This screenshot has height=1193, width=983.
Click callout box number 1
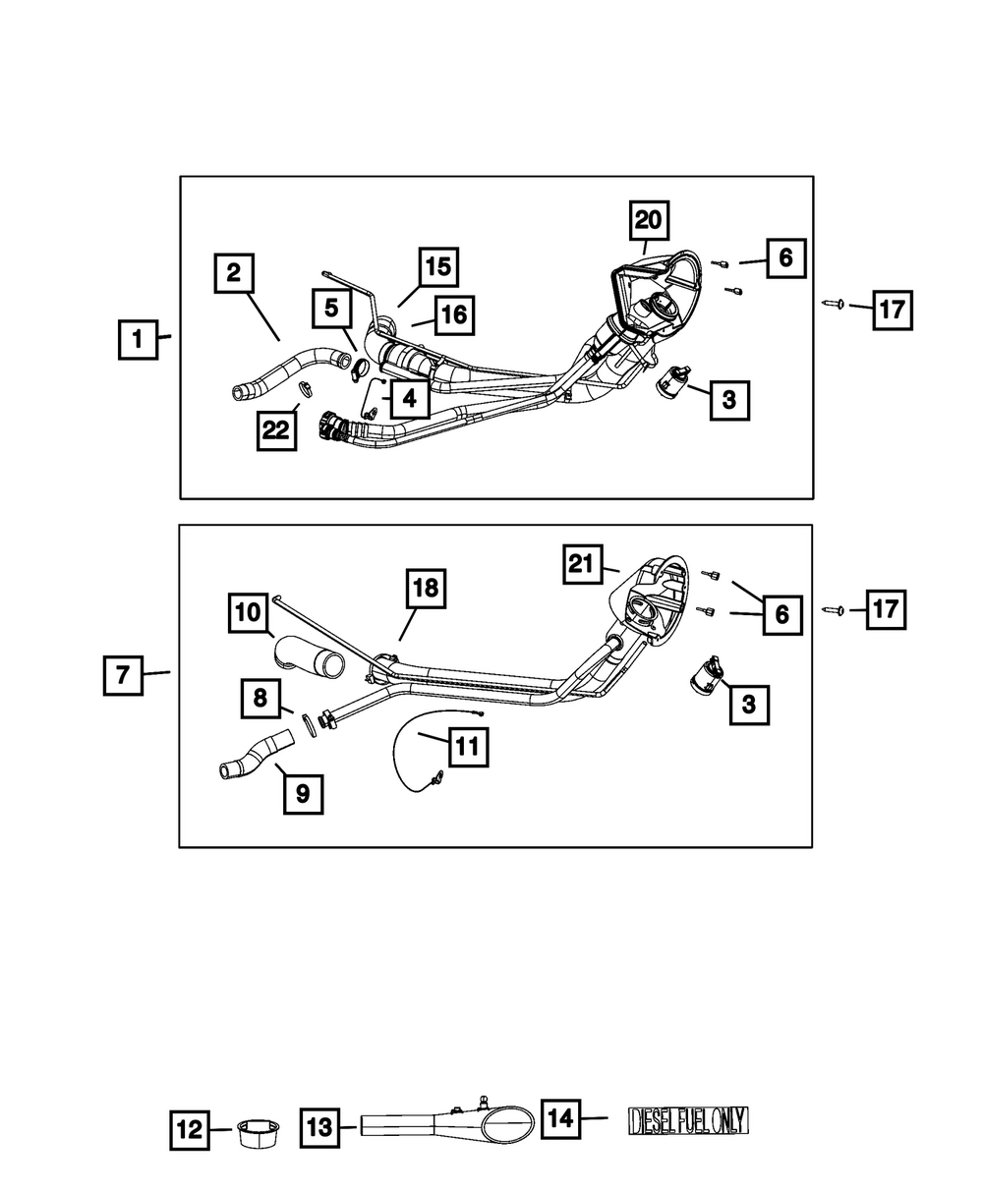pos(137,340)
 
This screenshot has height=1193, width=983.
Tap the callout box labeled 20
pos(648,220)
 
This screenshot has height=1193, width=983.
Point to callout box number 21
pos(582,566)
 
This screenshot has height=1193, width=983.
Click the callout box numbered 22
pos(277,430)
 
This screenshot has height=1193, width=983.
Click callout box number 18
pos(426,590)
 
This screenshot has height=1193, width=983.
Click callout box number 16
pos(451,314)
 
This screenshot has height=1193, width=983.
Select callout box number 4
pos(408,399)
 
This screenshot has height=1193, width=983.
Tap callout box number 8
pos(260,699)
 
